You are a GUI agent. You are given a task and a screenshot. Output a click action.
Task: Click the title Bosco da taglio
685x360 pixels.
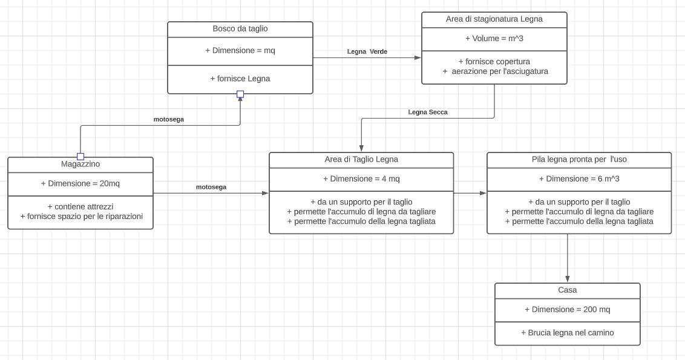[x=240, y=29]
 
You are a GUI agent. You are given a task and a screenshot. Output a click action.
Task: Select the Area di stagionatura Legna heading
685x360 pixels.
[x=494, y=19]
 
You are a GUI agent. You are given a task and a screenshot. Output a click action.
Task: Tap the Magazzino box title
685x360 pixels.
[x=80, y=165]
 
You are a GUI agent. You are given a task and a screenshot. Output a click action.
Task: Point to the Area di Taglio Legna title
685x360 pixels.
[x=361, y=160]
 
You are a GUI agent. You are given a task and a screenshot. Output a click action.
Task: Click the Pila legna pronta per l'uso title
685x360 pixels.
[x=579, y=160]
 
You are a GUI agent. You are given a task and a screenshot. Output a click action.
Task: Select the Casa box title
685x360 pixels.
[x=567, y=290]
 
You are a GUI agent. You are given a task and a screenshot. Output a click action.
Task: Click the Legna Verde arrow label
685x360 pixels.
[x=367, y=51]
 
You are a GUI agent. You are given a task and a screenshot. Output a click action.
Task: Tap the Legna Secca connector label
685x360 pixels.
[x=428, y=113]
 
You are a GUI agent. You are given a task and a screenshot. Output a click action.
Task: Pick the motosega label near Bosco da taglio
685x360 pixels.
[x=169, y=119]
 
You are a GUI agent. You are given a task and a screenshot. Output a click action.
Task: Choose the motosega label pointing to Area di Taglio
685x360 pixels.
[x=211, y=187]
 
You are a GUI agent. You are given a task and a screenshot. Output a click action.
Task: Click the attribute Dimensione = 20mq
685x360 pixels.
[x=80, y=183]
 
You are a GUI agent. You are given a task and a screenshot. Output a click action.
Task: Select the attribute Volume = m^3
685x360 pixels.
[x=494, y=39]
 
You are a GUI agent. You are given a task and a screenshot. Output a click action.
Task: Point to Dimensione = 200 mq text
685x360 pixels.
[x=567, y=310]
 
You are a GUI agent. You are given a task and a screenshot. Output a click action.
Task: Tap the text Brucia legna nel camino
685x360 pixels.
[x=567, y=333]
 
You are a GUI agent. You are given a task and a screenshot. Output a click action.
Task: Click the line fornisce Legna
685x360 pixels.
[x=240, y=79]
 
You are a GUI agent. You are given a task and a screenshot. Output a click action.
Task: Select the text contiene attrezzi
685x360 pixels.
[x=80, y=207]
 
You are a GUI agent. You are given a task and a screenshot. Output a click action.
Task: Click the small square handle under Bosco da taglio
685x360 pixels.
[x=240, y=94]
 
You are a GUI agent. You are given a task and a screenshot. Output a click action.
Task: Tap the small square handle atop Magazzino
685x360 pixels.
[x=80, y=157]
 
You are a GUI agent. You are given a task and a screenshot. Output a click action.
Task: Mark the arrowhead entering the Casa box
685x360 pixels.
[x=567, y=279]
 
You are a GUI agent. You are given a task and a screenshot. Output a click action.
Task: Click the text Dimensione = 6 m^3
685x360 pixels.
[x=579, y=178]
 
